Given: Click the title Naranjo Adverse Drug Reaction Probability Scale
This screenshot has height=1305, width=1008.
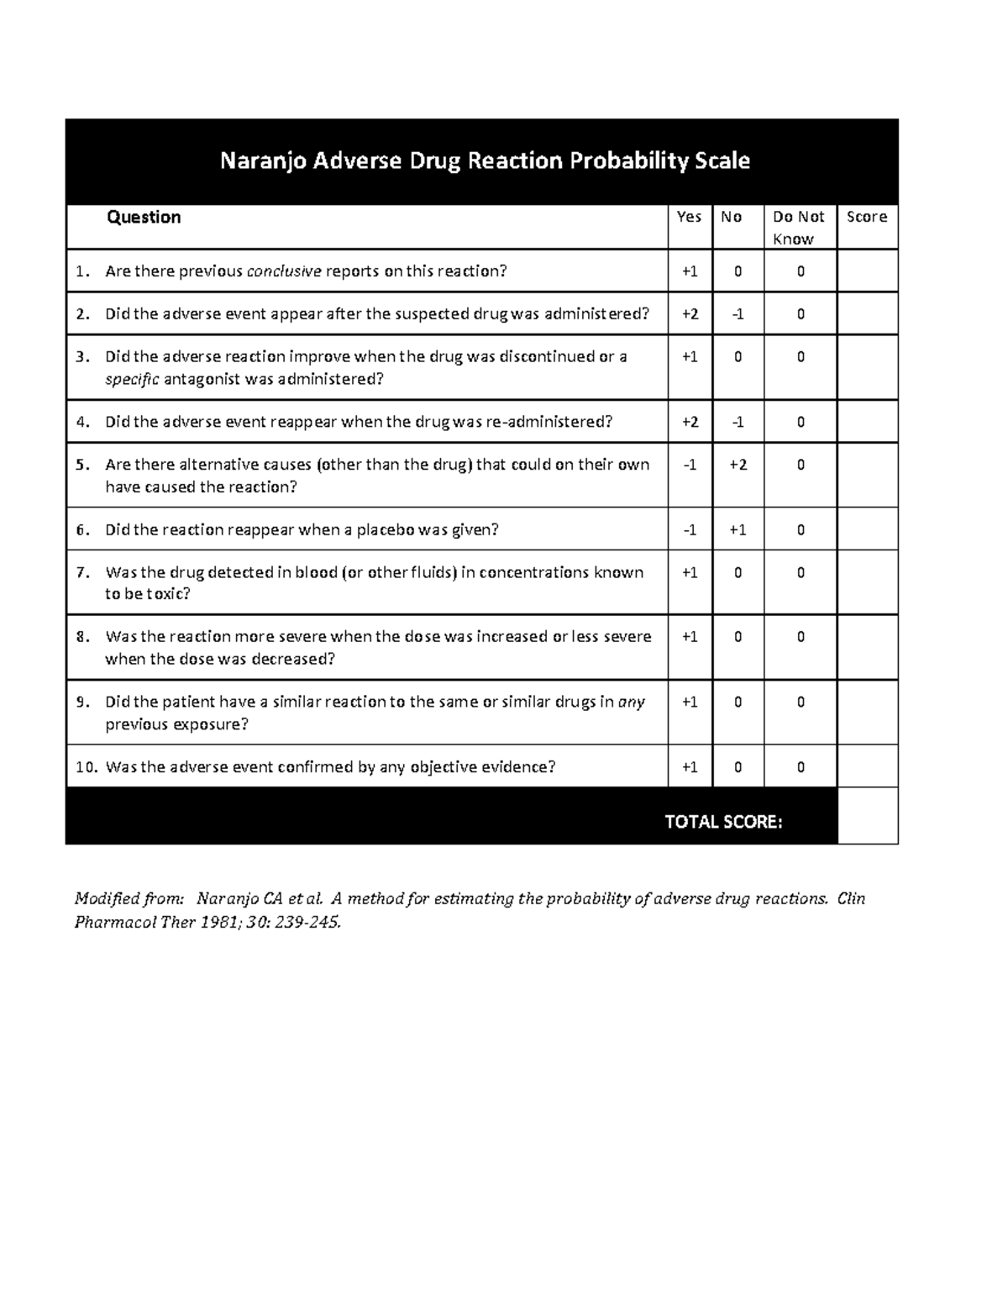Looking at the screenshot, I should [485, 160].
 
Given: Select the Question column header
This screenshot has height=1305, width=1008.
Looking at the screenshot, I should [143, 217].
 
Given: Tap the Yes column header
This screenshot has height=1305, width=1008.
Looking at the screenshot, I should [689, 217].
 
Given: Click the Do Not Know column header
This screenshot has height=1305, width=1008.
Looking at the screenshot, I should [798, 227].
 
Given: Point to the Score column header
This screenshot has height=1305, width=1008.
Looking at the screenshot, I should [866, 217].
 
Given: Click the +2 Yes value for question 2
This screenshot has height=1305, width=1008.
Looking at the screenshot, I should [690, 314].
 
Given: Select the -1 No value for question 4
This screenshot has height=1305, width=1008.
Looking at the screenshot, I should [738, 422].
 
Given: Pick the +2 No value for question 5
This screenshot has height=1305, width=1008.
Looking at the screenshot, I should [738, 465].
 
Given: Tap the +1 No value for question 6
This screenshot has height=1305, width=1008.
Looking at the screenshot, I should [738, 530].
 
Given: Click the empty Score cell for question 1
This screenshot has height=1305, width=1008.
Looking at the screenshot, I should [867, 271].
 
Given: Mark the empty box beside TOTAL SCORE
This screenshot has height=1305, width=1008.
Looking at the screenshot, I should [867, 815].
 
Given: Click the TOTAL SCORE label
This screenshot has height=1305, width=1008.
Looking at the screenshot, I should [723, 822].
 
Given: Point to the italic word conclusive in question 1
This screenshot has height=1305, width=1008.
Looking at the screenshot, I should [284, 271].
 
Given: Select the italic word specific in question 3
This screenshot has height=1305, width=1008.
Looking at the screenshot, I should [132, 379].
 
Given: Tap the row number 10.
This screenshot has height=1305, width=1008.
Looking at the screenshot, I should [86, 767].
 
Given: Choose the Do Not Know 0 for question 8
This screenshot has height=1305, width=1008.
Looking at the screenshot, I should [801, 637].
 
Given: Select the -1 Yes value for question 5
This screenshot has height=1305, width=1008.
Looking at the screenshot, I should [690, 465].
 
